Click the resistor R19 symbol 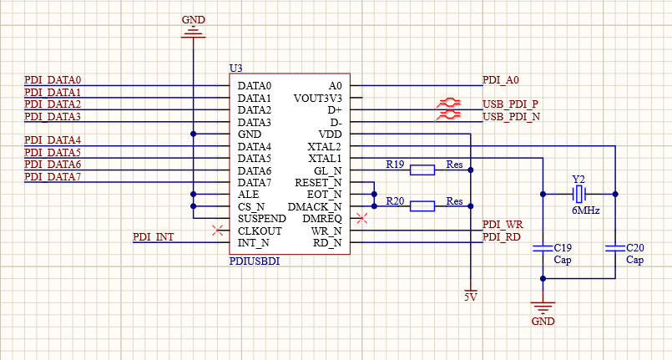coord(422,170)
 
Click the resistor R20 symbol coord(422,206)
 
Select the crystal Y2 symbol coord(579,195)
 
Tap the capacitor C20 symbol coord(614,248)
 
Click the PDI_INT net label coord(153,237)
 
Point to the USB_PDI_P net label coord(510,104)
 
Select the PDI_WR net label coord(503,226)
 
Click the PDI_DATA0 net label coord(53,80)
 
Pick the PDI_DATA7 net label coord(53,177)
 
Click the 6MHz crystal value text coord(585,212)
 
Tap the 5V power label coord(471,297)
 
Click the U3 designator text coord(235,68)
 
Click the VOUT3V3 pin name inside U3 coord(317,98)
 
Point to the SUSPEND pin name coord(262,219)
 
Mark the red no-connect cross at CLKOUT coord(218,231)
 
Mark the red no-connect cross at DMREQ coord(361,219)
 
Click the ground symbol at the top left coord(193,32)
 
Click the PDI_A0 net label coord(501,80)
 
